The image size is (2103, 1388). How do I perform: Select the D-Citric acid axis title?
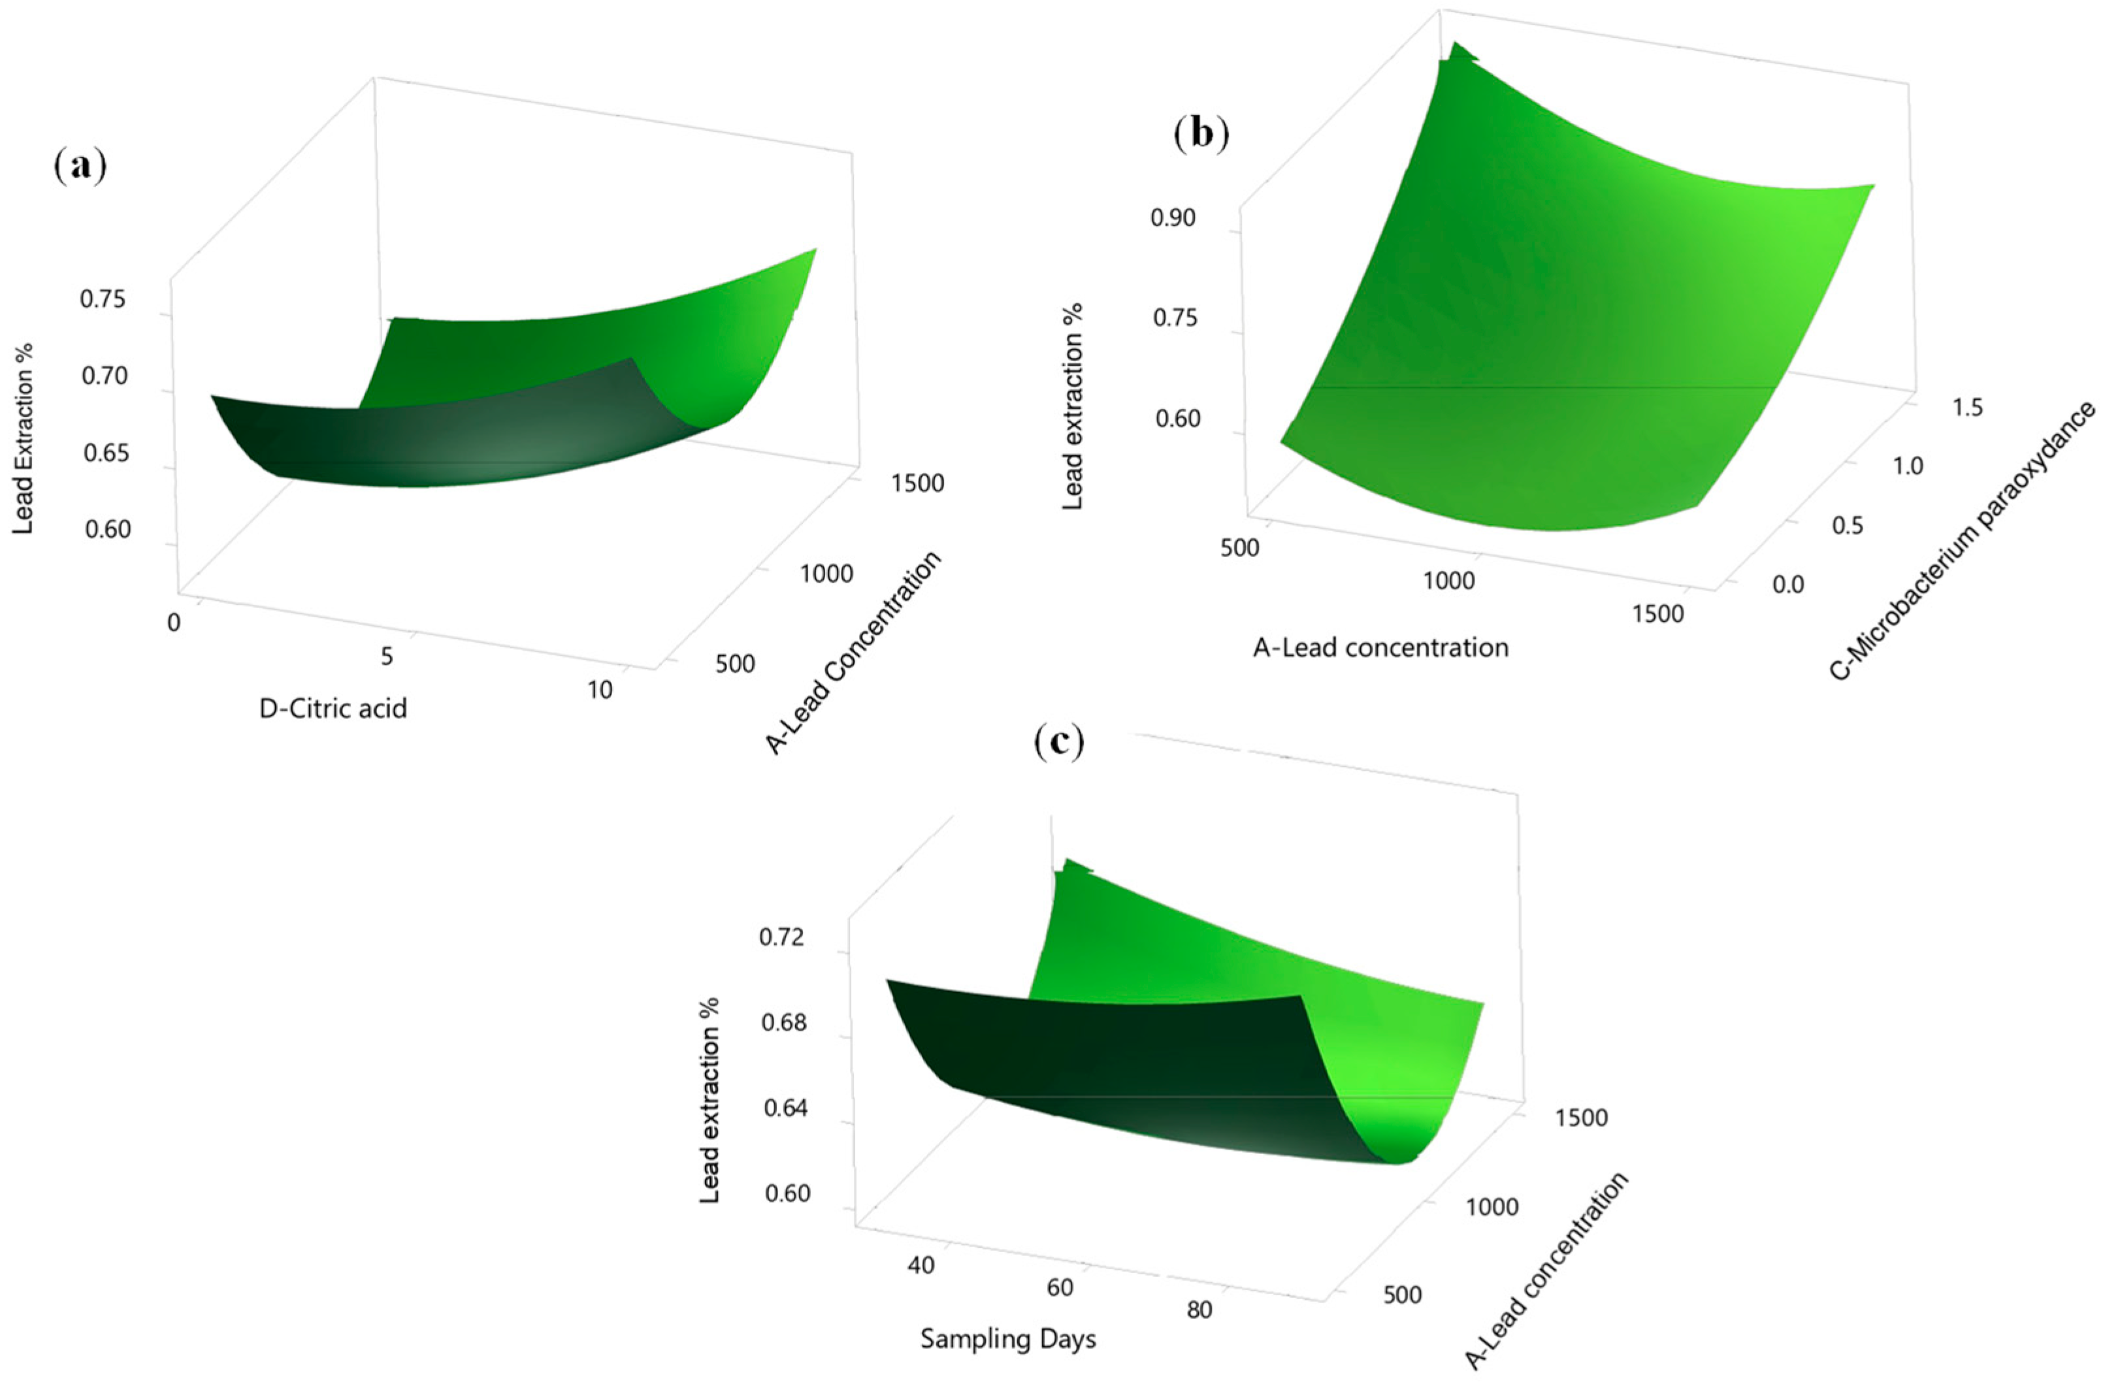[333, 708]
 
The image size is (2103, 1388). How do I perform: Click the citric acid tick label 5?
[387, 656]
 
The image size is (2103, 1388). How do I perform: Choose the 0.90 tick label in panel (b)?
[1173, 218]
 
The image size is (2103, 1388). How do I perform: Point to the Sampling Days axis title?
[1008, 1339]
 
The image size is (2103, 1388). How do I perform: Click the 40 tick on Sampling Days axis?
[921, 1265]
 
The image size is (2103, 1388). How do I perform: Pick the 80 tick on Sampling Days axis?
[1199, 1310]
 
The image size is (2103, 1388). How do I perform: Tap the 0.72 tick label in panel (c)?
[783, 937]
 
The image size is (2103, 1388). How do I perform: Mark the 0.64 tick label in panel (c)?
[785, 1108]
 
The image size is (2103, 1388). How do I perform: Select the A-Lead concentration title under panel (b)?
[1380, 648]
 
